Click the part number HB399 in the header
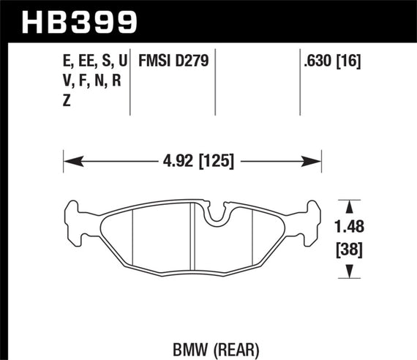[x=80, y=20]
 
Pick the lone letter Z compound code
[x=67, y=102]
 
